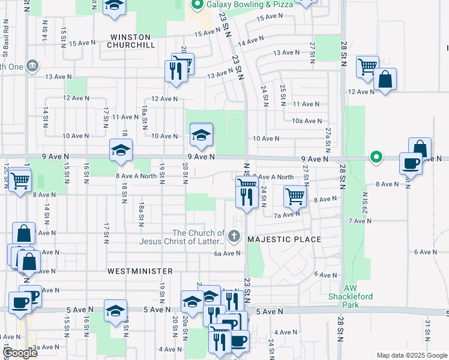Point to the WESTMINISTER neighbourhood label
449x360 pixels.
[140, 271]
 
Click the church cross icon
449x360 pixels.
[234, 236]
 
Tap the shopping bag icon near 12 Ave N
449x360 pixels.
[385, 79]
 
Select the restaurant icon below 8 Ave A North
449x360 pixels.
[247, 197]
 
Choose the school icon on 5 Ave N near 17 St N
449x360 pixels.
[115, 310]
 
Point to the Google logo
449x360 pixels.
[20, 353]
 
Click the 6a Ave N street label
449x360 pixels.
[227, 253]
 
